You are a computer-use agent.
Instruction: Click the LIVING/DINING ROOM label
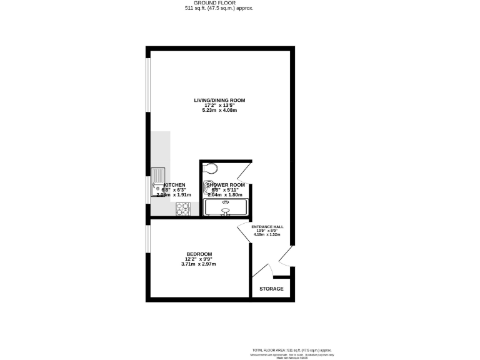coord(219,100)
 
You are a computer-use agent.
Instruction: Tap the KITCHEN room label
coord(174,186)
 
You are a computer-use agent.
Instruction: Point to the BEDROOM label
coord(198,254)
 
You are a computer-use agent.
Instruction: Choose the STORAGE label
coord(271,289)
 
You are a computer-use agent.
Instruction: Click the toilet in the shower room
coord(211,167)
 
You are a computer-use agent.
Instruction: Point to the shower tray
coord(226,207)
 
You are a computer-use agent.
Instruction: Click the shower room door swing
coord(246,171)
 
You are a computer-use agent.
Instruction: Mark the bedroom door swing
coord(244,232)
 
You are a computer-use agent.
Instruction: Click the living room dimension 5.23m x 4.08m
coord(219,111)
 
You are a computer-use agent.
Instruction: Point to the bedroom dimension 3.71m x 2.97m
coord(198,264)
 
